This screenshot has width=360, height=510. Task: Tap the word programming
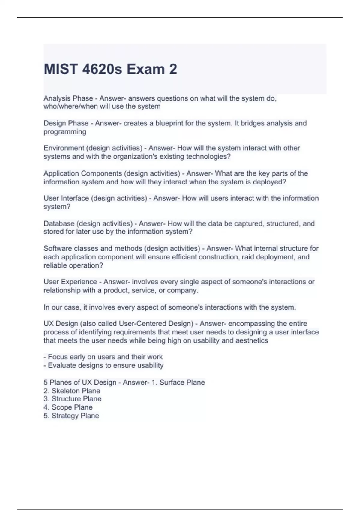click(65, 132)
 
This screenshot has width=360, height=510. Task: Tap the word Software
click(58, 249)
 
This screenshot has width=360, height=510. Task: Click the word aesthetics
click(252, 341)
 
